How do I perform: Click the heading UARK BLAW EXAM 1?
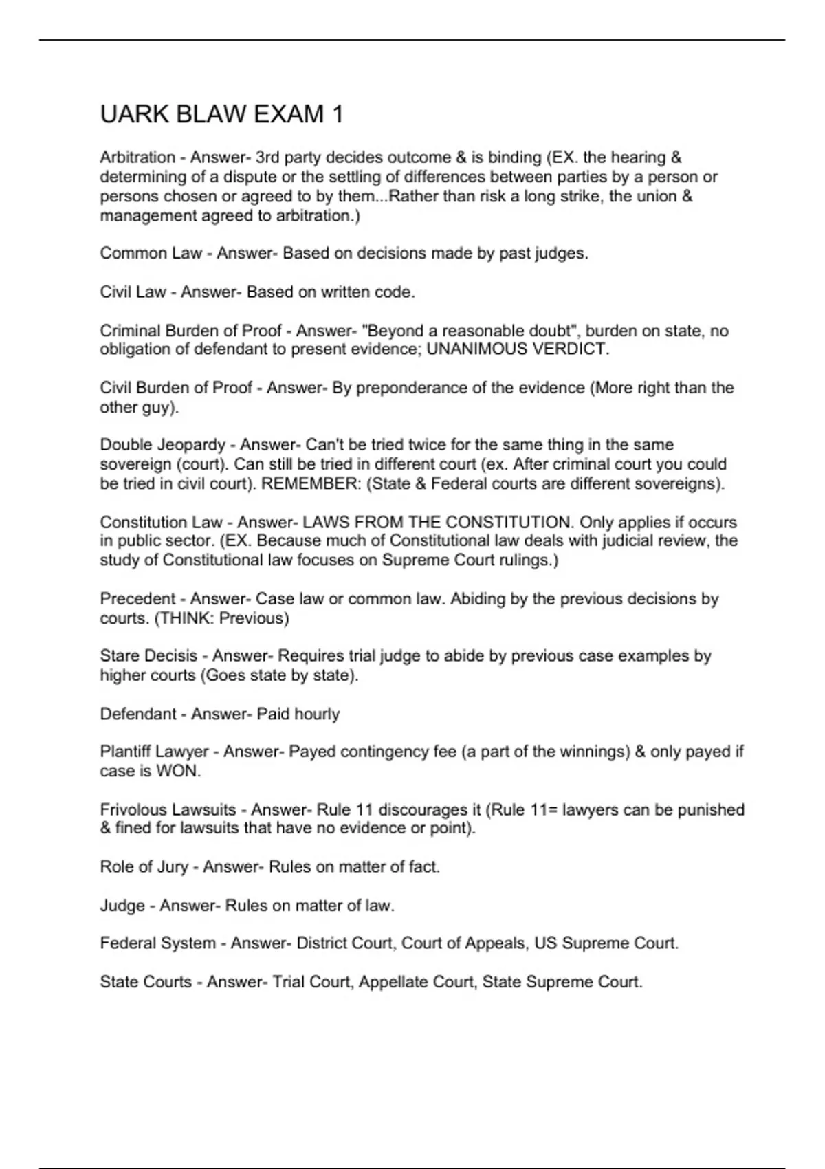(x=221, y=114)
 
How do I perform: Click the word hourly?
(x=317, y=714)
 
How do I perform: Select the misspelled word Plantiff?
(x=126, y=752)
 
